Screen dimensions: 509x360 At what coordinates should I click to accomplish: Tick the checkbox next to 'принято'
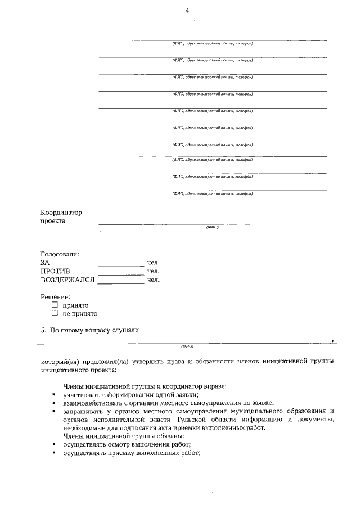[x=55, y=305]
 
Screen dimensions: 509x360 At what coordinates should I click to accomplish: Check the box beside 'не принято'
[x=55, y=313]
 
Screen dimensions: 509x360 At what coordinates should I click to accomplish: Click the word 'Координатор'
[x=61, y=213]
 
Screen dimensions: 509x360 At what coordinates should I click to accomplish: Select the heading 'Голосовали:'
[x=60, y=254]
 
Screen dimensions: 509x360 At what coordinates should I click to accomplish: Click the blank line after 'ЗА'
[x=121, y=263]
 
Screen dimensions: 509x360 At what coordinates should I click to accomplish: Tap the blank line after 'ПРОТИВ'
[x=121, y=272]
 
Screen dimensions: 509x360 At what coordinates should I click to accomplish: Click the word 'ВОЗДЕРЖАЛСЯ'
[x=67, y=280]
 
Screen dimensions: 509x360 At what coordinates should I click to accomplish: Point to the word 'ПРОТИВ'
[x=55, y=271]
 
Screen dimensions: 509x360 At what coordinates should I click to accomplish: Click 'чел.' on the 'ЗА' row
[x=154, y=263]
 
